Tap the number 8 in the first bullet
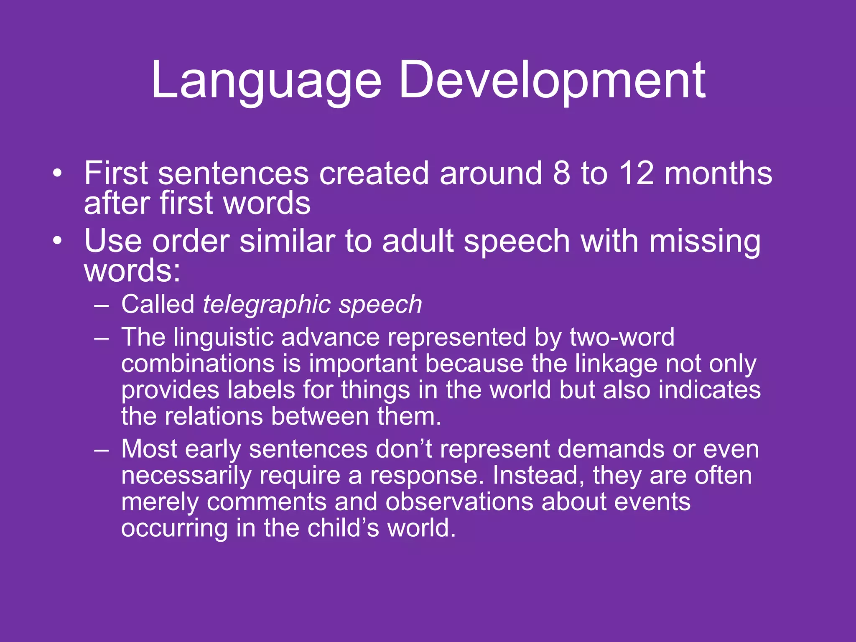tap(561, 173)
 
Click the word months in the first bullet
tap(718, 173)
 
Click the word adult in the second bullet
tap(418, 242)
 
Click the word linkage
tap(617, 364)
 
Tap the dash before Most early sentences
tap(102, 450)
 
